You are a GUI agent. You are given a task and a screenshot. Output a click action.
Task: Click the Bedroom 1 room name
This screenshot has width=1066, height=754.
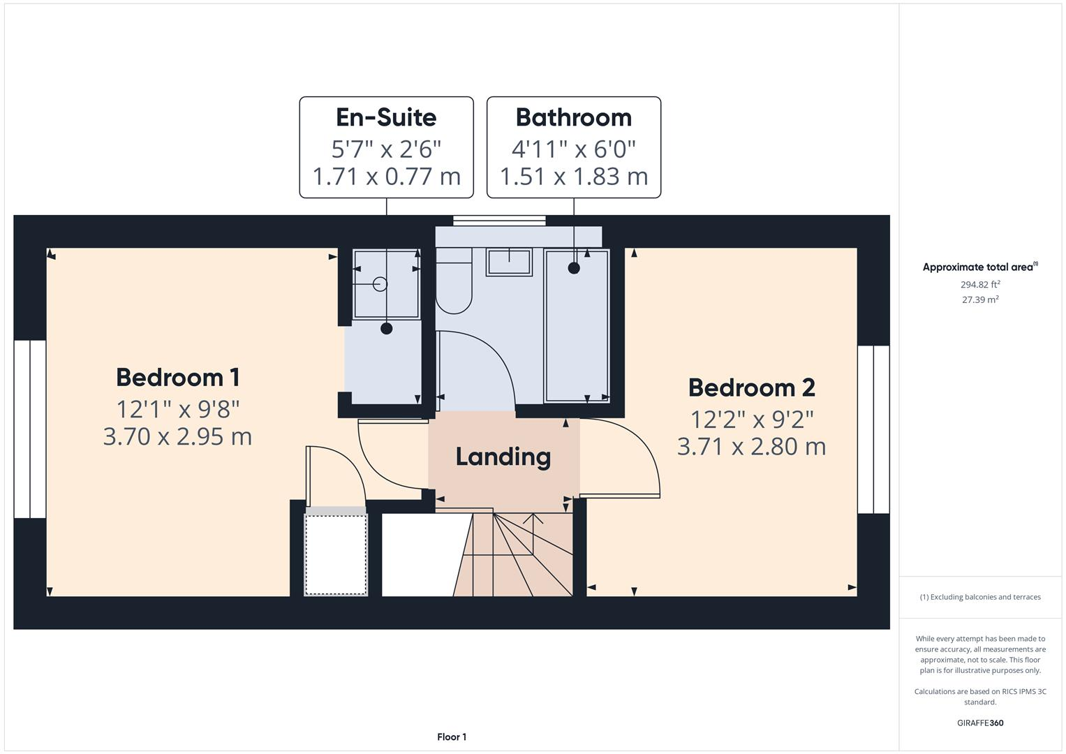coord(178,378)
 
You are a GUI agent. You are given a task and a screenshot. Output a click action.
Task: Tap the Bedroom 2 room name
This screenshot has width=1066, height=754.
coord(751,388)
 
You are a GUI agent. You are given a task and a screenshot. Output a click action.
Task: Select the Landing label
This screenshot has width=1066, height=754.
coord(503,457)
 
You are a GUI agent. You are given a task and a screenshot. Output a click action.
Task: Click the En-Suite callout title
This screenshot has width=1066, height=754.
coord(386,117)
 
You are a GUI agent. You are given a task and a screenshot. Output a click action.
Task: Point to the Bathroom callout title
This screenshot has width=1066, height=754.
coord(573,117)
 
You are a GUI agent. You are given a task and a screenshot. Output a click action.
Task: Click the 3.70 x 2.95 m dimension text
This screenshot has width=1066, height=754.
coord(177,437)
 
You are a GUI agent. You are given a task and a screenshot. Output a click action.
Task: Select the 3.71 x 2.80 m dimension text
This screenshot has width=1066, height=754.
coord(751,447)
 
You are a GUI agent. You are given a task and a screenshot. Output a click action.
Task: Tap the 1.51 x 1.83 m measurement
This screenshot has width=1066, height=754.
coord(573,177)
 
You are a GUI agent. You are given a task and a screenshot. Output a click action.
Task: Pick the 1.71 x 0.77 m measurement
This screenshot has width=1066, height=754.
coord(386,177)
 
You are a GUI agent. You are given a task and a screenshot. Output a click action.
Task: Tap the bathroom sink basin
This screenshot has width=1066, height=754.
coord(509,262)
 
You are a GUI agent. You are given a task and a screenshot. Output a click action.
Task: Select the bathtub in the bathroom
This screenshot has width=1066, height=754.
coord(577,325)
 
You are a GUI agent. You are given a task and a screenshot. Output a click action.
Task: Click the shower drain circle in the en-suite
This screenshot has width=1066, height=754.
coord(380,284)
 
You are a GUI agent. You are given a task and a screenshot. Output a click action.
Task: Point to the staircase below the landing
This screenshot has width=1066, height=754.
coord(513,555)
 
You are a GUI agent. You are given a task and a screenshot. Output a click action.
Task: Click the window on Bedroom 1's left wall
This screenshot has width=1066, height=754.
coord(30,429)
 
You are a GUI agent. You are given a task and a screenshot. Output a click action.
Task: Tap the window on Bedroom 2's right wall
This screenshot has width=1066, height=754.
coord(873,429)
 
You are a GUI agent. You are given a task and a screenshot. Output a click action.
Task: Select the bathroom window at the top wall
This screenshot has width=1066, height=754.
coord(499,221)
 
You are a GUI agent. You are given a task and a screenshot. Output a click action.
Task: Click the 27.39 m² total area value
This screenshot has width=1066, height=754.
coord(979,300)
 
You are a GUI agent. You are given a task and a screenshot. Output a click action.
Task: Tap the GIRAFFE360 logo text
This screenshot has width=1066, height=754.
coord(979,723)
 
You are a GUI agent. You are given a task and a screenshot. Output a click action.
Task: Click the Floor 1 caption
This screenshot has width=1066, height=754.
coord(452,737)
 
